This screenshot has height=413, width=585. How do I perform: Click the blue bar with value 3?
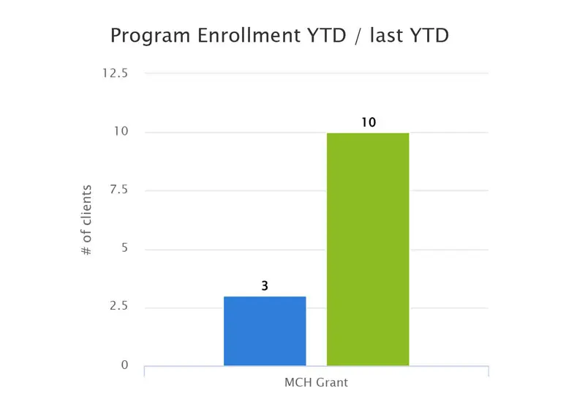265,330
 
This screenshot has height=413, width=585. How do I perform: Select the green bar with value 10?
368,249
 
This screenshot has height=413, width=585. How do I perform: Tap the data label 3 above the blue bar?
265,286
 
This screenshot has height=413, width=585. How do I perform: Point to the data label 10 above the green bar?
368,122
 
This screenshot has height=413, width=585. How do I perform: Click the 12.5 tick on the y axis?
116,73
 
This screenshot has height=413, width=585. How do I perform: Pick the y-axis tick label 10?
121,132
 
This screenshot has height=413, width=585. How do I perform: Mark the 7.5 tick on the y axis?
118,190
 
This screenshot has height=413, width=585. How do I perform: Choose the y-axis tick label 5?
124,249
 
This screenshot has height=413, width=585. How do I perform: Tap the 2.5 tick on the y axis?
118,307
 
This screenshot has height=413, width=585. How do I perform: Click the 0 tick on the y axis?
124,365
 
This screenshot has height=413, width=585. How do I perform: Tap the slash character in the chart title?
356,35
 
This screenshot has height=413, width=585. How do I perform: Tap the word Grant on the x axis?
332,383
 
